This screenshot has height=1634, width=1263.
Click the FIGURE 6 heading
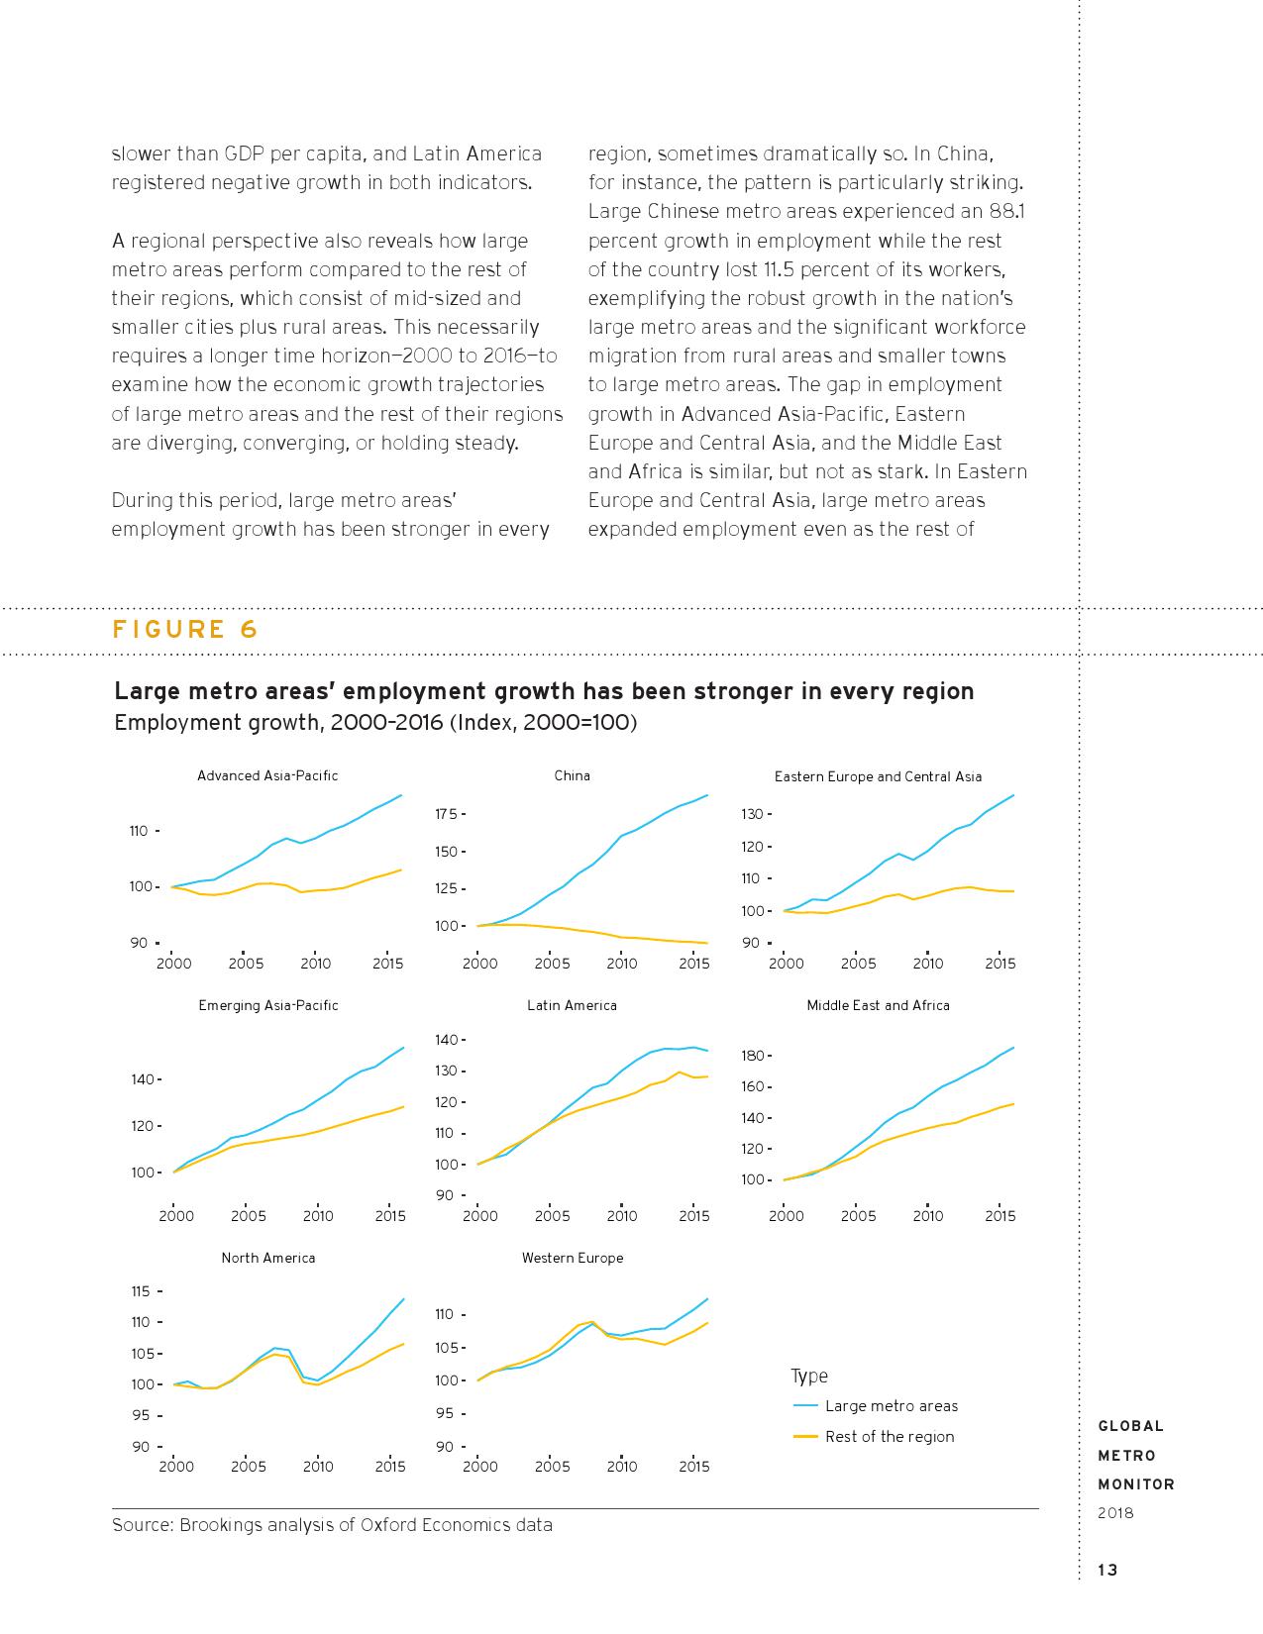pos(185,630)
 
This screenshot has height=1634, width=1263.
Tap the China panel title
pos(572,775)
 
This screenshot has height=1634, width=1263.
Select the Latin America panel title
pos(572,1005)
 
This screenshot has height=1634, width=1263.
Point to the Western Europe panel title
pos(573,1258)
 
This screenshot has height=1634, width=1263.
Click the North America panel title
pos(267,1258)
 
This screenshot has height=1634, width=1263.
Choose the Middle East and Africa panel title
pos(878,1005)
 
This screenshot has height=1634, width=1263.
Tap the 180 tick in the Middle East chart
pos(752,1056)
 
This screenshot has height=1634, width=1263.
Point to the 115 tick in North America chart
pos(140,1291)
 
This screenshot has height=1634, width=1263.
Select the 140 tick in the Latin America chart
pos(445,1040)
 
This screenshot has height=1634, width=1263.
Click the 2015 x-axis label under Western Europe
pos(693,1467)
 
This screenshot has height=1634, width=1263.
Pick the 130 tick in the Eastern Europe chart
pos(752,814)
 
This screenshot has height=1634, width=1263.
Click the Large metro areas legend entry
pos(891,1406)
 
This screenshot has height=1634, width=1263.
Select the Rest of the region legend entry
pos(889,1437)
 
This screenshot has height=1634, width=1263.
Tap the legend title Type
pos(809,1376)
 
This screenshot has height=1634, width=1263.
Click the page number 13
pos(1107,1570)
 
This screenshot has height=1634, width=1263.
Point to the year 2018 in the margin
pos(1115,1513)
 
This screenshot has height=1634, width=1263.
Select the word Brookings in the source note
pos(221,1525)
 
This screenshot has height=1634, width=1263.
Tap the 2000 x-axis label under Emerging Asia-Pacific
pos(176,1216)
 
